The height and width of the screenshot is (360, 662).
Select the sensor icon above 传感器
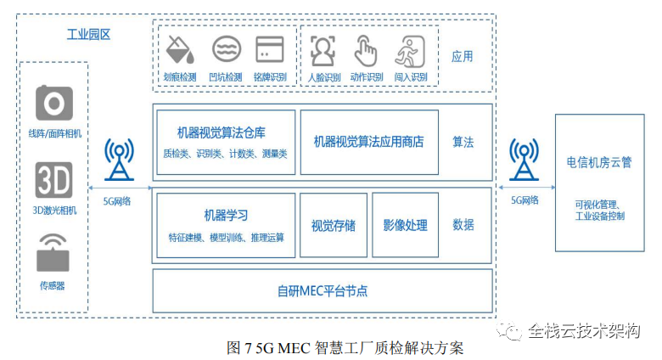(x=54, y=250)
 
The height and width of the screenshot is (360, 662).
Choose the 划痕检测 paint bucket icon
(x=182, y=51)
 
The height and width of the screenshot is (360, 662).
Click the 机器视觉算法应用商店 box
(x=368, y=142)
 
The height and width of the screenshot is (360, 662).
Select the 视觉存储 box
(x=334, y=225)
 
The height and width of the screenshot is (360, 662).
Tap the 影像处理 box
(x=405, y=225)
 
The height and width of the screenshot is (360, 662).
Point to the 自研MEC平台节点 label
(x=323, y=290)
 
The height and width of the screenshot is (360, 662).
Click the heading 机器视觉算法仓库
(x=221, y=132)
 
